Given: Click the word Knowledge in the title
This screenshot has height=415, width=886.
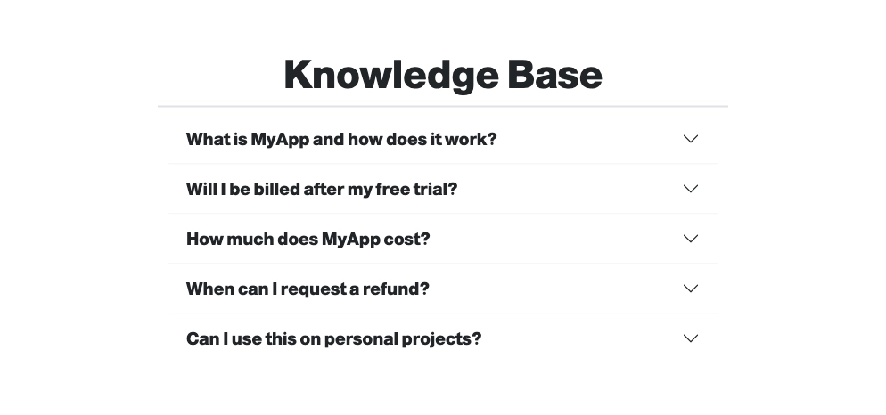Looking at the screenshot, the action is pyautogui.click(x=391, y=75).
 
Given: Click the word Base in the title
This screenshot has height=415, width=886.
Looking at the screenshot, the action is pyautogui.click(x=555, y=75).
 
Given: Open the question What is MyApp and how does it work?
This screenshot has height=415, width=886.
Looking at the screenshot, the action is pyautogui.click(x=341, y=139).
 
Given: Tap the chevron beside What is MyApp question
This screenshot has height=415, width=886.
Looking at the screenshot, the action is pyautogui.click(x=691, y=139).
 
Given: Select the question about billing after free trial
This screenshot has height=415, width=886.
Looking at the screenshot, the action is pyautogui.click(x=322, y=189).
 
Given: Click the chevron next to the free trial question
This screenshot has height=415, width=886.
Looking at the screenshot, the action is pyautogui.click(x=691, y=189).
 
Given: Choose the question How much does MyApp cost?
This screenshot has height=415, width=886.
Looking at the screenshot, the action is pyautogui.click(x=308, y=239).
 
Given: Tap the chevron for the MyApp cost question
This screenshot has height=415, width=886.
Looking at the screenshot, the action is pyautogui.click(x=691, y=239).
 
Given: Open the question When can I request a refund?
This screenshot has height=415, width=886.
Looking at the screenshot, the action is pyautogui.click(x=308, y=289).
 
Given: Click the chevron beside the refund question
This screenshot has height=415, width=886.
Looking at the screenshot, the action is pyautogui.click(x=691, y=288).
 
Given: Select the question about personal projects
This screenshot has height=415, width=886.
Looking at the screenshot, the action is pyautogui.click(x=333, y=338).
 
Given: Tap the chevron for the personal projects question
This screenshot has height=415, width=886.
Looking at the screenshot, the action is pyautogui.click(x=691, y=338).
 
